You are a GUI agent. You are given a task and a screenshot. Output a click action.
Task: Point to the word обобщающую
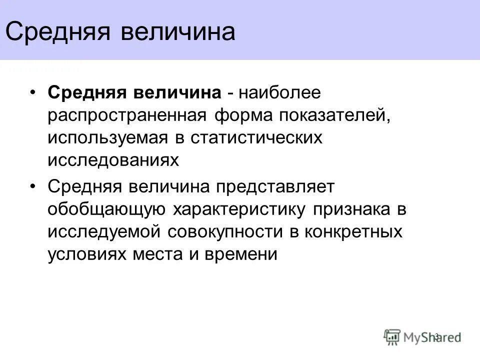[107, 209]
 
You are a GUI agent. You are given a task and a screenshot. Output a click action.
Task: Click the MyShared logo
[422, 336]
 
